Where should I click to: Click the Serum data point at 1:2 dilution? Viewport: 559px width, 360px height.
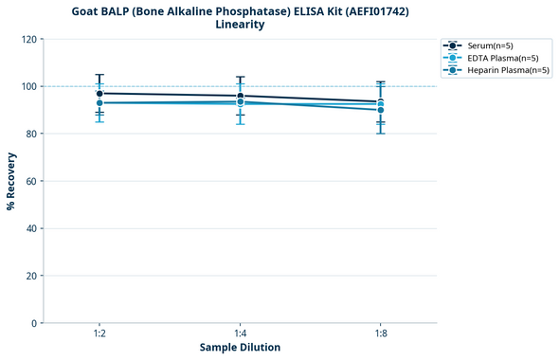(99, 94)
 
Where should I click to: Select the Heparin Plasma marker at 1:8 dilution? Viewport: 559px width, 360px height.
(381, 110)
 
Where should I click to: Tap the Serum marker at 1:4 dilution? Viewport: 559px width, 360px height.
(241, 96)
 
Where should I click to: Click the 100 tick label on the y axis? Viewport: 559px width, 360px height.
(30, 86)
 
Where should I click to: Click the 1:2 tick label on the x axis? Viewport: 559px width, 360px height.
(99, 333)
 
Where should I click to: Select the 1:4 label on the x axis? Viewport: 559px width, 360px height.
(241, 333)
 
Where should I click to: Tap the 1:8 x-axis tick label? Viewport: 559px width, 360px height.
(381, 333)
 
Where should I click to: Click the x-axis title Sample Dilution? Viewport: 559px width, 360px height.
(240, 348)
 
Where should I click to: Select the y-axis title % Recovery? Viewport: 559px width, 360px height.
(12, 180)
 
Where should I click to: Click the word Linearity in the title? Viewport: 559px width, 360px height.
(240, 25)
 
